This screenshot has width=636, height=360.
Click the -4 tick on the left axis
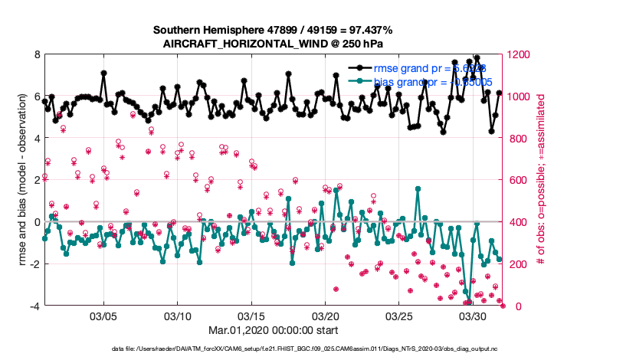(x=34, y=306)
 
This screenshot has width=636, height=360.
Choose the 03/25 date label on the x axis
(x=400, y=316)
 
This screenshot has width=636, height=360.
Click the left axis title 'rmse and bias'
(x=22, y=181)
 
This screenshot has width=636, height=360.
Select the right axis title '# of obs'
(x=541, y=181)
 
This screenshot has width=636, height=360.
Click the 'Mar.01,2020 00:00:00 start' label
(x=252, y=330)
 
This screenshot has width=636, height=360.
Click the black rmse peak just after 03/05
(x=103, y=74)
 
